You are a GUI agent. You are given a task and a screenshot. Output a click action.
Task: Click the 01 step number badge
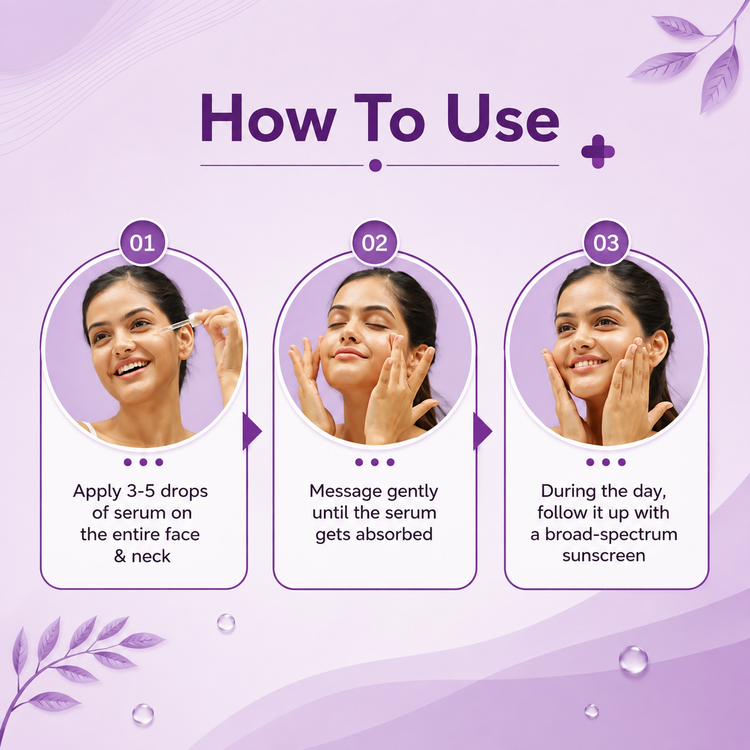tap(142, 242)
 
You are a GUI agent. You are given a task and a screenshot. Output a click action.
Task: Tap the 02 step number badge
tap(374, 242)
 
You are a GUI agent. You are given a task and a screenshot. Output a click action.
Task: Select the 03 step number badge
tap(606, 242)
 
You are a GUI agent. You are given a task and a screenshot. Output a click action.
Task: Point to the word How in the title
tap(268, 118)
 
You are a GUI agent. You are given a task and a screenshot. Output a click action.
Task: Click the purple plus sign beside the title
tap(598, 152)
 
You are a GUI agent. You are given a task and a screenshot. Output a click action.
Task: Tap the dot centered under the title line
tap(375, 165)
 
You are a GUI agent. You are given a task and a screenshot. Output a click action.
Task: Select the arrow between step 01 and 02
tap(252, 431)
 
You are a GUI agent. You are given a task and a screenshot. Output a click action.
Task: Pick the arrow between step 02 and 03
tap(483, 431)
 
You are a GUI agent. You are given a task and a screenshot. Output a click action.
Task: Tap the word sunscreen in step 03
tap(603, 556)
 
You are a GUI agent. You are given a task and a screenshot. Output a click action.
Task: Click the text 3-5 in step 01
tap(141, 491)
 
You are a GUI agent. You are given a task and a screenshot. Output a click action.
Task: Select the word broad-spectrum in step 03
tap(611, 535)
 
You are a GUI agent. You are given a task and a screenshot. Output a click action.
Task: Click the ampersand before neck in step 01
tap(120, 556)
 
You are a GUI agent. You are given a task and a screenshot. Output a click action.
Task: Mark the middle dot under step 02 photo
tap(374, 462)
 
